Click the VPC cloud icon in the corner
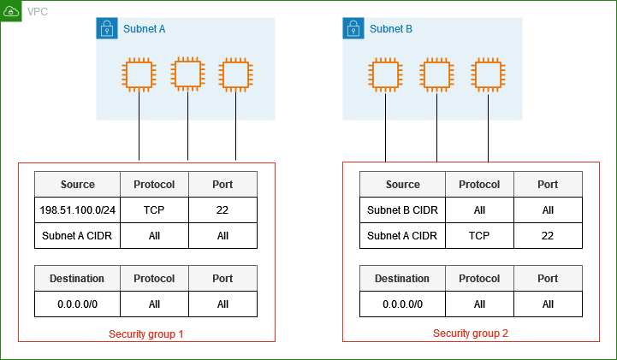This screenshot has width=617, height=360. point(11,11)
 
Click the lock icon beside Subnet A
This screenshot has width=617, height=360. point(107,29)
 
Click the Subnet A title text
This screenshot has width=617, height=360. point(144,29)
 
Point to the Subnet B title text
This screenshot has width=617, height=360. point(391,29)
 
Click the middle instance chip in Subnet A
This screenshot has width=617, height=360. point(187,74)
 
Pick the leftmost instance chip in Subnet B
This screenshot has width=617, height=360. point(385,74)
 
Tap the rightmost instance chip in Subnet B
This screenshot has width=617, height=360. point(488,74)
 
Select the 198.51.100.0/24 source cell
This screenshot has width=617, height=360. point(78,210)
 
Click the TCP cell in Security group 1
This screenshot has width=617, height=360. point(154,210)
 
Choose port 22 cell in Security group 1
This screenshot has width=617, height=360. point(222,210)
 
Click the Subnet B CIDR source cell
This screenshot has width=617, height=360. point(402,210)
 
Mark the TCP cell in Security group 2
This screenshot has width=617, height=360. point(479,235)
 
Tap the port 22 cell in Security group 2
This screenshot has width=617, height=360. point(548,235)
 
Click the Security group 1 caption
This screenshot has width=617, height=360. point(146,333)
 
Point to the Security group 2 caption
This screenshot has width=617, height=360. point(471,333)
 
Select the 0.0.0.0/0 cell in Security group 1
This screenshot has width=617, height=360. point(78,304)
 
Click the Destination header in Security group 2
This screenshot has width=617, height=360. point(402,278)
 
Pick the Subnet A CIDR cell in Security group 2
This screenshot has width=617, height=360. point(402,235)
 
